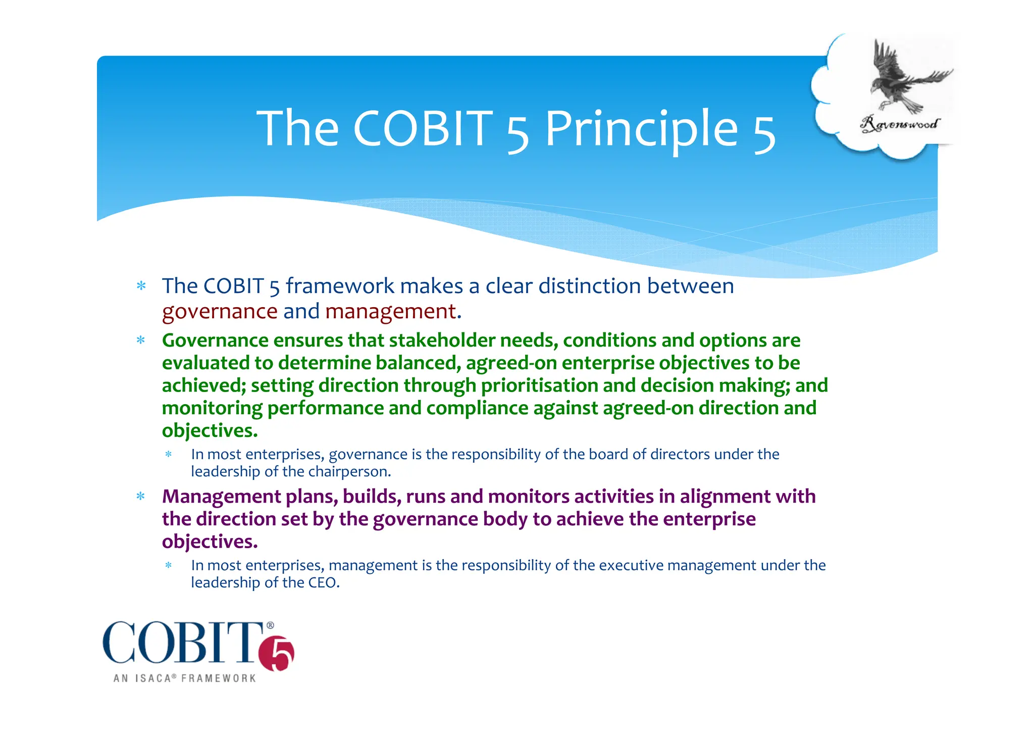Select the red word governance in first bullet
(x=220, y=312)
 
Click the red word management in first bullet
(x=390, y=312)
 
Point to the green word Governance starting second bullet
(x=215, y=340)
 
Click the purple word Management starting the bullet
(x=221, y=497)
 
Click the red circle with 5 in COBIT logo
(x=277, y=655)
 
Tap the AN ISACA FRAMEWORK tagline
(x=185, y=678)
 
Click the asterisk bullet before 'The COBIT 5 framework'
(x=141, y=286)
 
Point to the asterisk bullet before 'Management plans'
(x=141, y=497)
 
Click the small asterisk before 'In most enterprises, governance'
(x=169, y=455)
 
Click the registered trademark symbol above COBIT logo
(x=270, y=625)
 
